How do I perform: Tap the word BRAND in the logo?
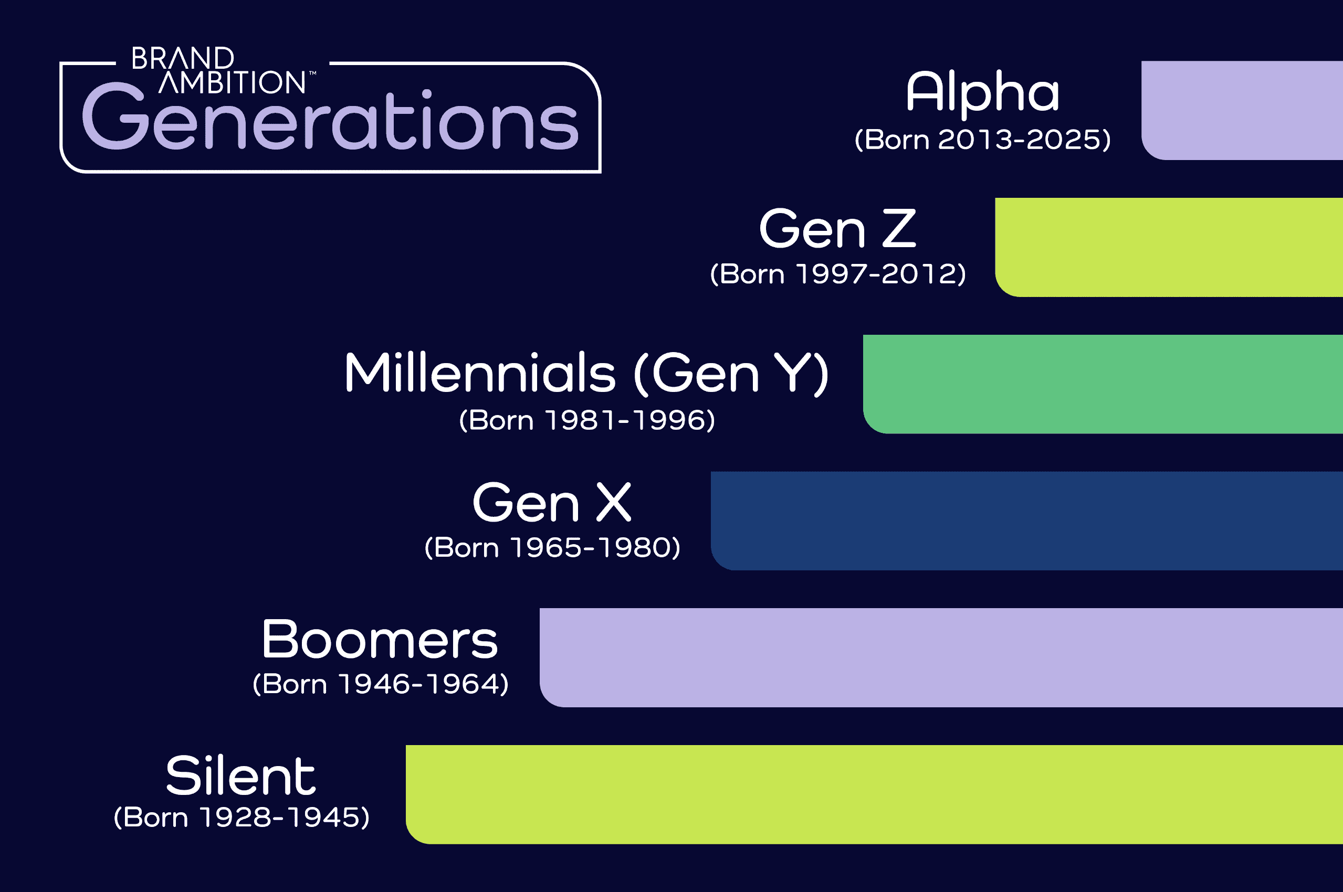coord(183,58)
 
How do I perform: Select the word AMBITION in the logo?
coord(232,82)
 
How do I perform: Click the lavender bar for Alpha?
coord(1242,110)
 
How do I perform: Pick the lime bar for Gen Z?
coord(1169,248)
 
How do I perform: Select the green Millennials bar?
coord(1103,384)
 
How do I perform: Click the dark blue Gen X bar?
coord(1026,521)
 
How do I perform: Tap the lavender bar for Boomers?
coord(941,657)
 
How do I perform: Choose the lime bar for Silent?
coord(874,795)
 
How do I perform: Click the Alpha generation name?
coord(983,93)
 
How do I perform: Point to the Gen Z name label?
coord(837,229)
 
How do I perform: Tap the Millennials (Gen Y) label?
coord(586,373)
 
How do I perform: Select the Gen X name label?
coord(552,502)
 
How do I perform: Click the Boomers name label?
coord(380,640)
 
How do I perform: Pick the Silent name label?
coord(240,776)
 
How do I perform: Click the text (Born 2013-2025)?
coord(983,140)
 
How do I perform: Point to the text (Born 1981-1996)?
coord(586,420)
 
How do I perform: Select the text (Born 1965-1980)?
coord(552,548)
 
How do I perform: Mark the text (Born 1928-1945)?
coord(242,817)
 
